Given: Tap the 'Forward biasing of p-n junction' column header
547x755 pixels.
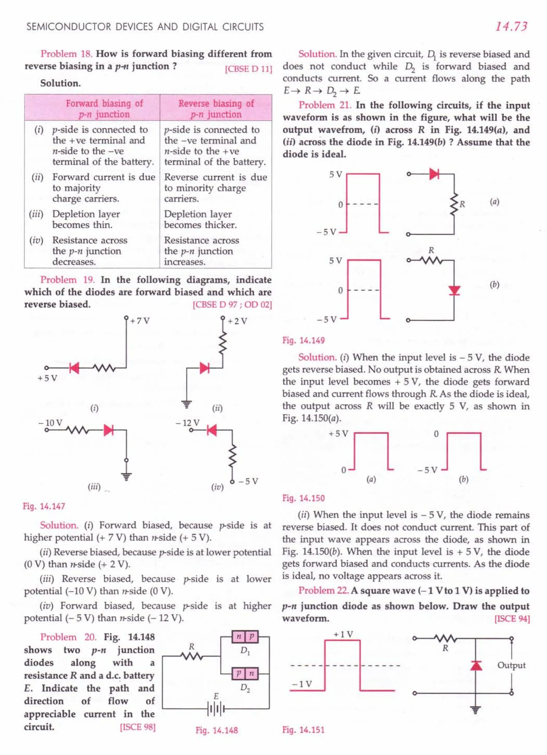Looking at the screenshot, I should click(104, 108).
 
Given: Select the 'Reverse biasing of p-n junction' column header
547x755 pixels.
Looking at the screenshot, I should click(216, 108).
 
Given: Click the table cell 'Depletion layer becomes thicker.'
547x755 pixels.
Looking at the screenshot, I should click(201, 219).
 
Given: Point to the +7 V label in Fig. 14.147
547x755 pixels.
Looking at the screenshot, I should click(140, 321).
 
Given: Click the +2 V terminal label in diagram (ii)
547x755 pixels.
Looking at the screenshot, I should click(237, 321).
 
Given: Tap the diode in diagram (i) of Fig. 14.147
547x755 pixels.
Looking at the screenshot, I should click(74, 368).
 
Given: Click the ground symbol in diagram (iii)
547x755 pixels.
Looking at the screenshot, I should click(126, 476).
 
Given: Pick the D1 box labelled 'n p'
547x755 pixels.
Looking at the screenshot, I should click(245, 636).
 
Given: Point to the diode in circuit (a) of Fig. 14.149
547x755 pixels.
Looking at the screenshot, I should click(434, 174).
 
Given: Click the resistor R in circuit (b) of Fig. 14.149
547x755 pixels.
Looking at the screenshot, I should click(431, 260).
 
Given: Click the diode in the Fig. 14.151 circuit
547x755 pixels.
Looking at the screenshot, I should click(476, 665).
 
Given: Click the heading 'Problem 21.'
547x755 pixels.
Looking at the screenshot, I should click(325, 105).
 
